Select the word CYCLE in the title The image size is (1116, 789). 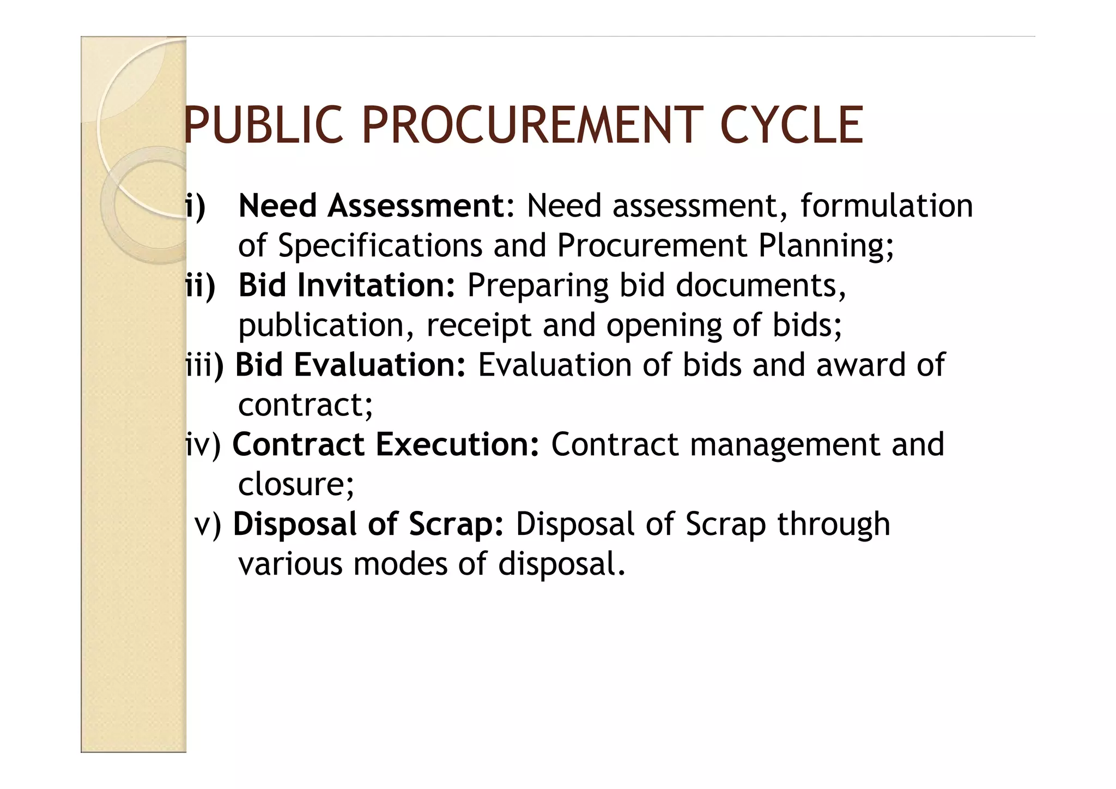coord(791,126)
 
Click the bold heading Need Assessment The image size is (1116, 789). coord(373,206)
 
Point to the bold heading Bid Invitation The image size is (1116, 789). coord(347,285)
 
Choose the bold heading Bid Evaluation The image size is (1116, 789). coord(350,365)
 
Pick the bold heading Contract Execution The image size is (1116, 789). coord(386,444)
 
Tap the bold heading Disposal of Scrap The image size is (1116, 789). coord(368,524)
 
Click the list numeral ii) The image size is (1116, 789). coord(200,285)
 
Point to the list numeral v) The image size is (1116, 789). coord(208,524)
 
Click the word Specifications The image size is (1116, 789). coord(380,245)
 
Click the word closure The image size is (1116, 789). coord(295,484)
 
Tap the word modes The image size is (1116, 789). coord(399,564)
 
